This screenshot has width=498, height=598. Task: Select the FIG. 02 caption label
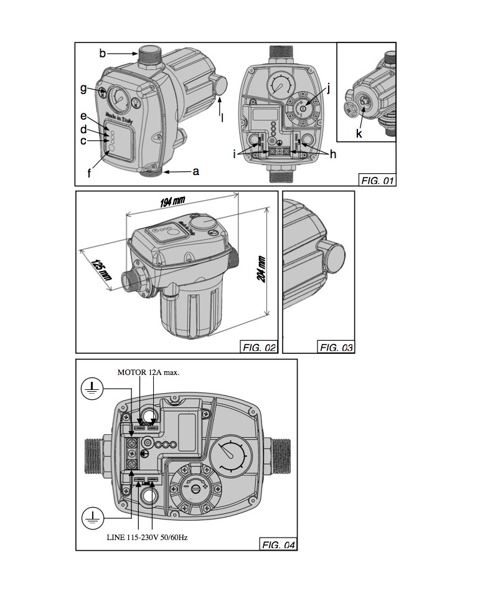coord(258,348)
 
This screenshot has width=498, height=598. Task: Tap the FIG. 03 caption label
coord(336,348)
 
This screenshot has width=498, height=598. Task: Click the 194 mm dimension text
coord(172,202)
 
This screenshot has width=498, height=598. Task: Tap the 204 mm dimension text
coord(261,269)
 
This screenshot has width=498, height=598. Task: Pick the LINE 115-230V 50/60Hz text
coord(147,537)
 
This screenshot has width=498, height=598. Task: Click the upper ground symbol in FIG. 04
coord(93,390)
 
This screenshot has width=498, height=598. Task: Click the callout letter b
coord(102,54)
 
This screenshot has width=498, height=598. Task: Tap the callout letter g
coord(83,88)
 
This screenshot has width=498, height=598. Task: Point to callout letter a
coord(195,171)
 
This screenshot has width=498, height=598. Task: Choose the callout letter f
coord(89,174)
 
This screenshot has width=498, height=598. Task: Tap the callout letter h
coord(333,154)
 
